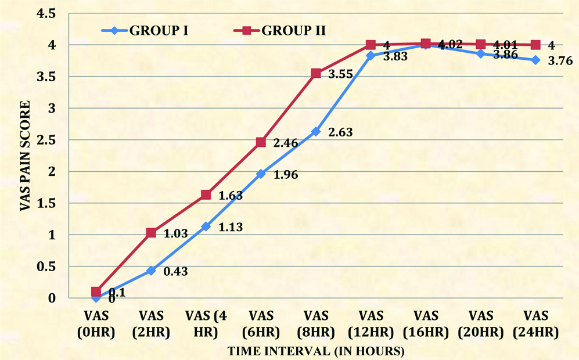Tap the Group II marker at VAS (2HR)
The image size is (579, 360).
point(151,233)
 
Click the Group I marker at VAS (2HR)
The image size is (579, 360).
point(151,271)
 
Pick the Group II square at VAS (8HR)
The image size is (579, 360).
point(316,73)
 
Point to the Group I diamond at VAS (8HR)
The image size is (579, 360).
point(316,132)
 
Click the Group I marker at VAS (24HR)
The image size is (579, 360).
point(535,60)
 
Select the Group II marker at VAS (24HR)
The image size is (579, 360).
point(535,45)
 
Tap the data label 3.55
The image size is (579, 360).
point(340,75)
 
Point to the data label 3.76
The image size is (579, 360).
point(560,60)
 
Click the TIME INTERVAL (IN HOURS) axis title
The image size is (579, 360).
point(315,351)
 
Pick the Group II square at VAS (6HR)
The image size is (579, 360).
point(261,142)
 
